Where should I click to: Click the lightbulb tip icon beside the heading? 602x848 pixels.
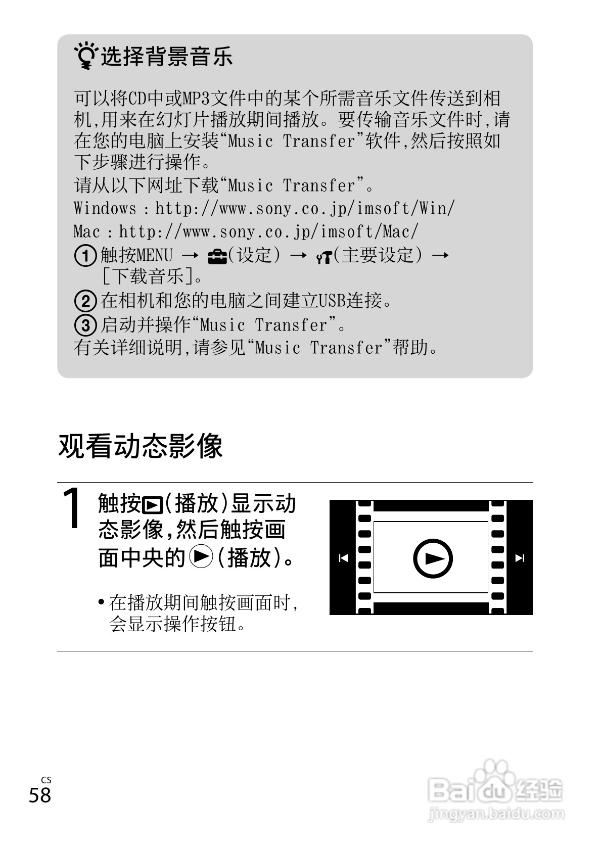(x=85, y=56)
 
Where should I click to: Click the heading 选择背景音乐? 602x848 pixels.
(x=166, y=56)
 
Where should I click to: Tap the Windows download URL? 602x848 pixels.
(x=305, y=208)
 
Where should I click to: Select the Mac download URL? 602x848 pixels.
(x=268, y=231)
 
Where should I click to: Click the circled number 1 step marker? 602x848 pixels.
(x=85, y=256)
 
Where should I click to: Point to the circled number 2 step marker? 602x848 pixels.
(x=85, y=301)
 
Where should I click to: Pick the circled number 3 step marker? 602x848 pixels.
(x=85, y=325)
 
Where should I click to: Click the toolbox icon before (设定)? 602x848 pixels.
(x=218, y=256)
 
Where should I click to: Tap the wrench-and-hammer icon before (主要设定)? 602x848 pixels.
(x=323, y=257)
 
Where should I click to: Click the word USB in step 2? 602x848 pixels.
(x=332, y=301)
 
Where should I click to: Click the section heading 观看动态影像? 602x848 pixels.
(x=141, y=446)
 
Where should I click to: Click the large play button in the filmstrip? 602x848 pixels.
(x=433, y=558)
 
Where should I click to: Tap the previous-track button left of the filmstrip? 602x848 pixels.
(x=343, y=558)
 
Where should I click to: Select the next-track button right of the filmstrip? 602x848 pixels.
(x=520, y=558)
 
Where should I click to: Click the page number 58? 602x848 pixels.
(x=40, y=795)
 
